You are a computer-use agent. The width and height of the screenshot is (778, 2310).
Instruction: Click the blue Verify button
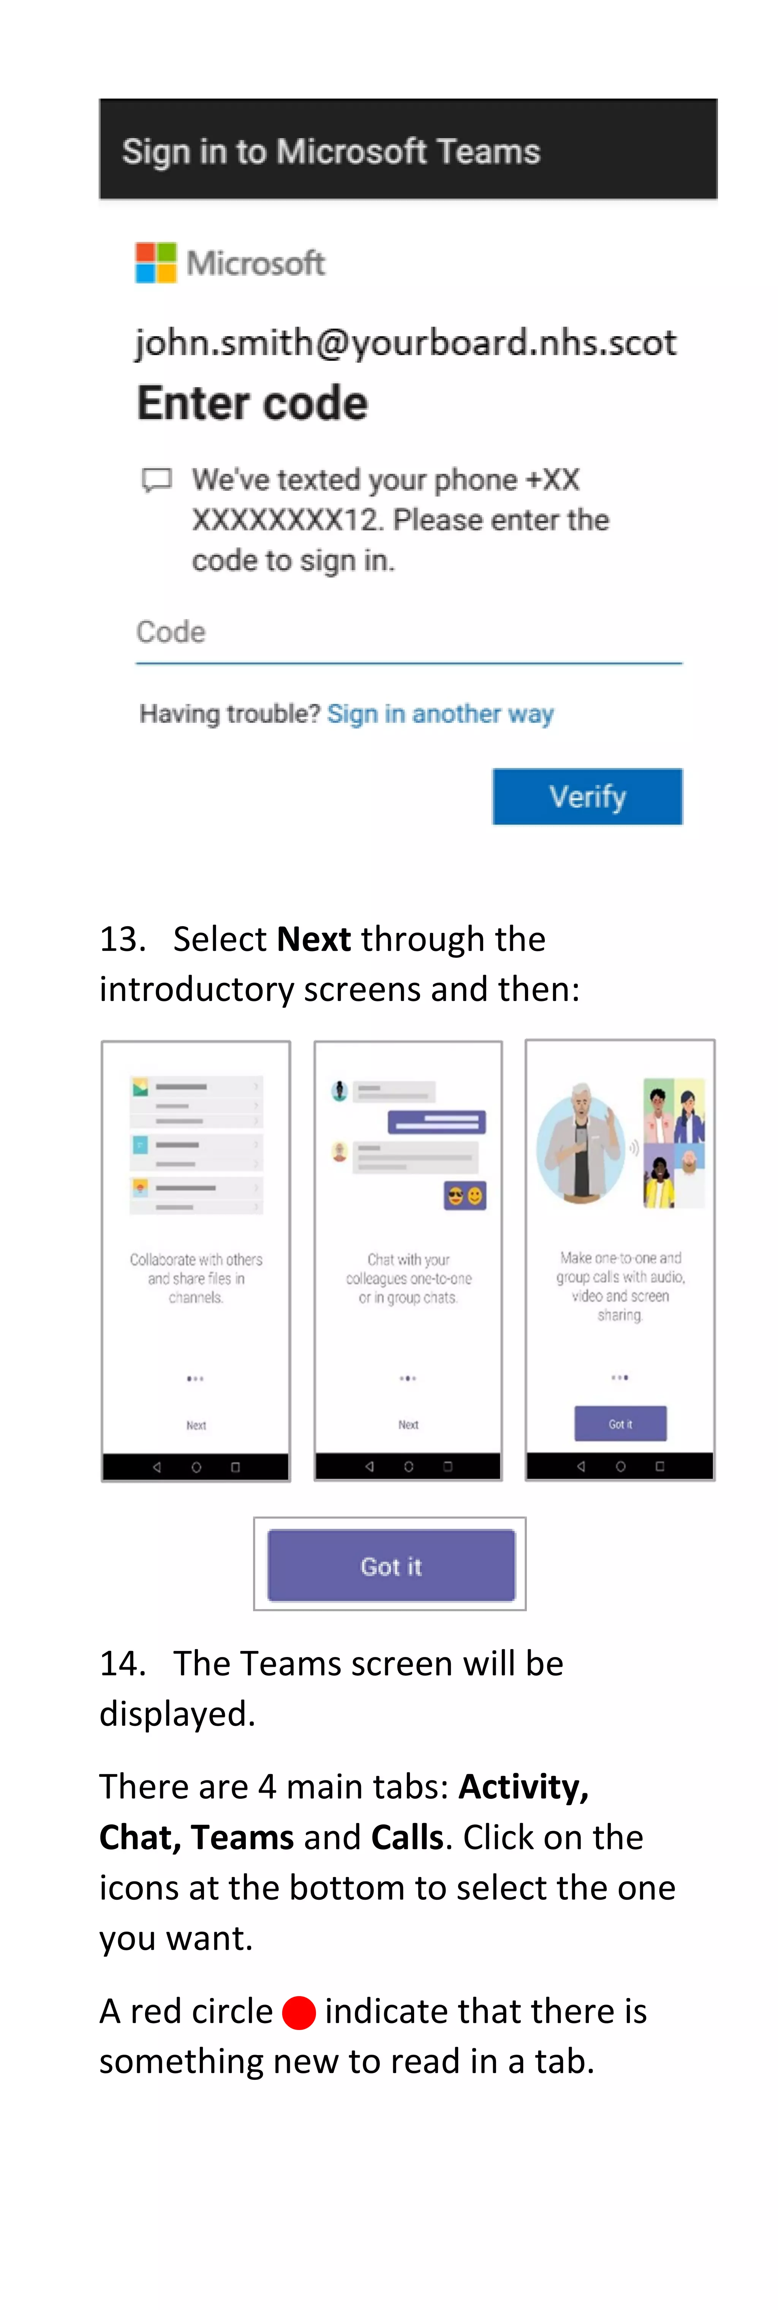pos(587,796)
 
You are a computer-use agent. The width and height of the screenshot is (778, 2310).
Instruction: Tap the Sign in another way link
pos(440,714)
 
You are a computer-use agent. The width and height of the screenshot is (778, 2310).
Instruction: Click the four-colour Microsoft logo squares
pos(156,263)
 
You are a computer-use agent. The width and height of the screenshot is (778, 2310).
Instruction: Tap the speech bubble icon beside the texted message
pos(157,480)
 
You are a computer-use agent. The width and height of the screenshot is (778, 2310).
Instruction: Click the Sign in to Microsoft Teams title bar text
pos(331,152)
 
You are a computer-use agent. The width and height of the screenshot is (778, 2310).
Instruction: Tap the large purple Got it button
pos(391,1566)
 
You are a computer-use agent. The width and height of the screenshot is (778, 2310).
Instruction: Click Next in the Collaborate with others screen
pos(195,1425)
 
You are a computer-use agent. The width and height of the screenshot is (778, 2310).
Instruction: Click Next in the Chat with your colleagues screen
pos(408,1424)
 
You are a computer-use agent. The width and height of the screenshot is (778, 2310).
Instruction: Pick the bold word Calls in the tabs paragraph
pos(407,1837)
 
